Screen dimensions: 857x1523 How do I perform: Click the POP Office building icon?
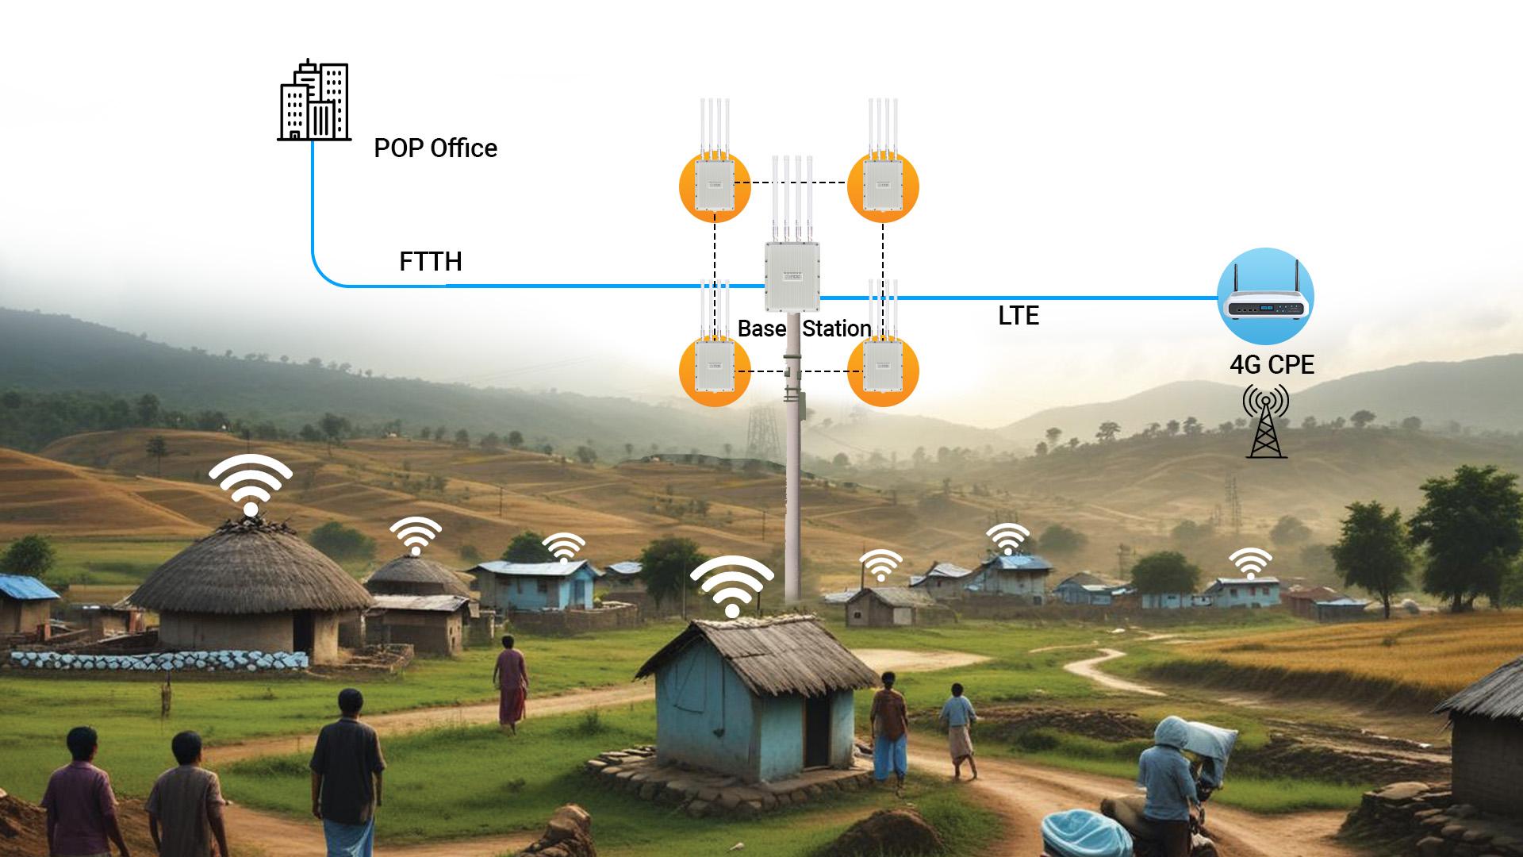pos(314,101)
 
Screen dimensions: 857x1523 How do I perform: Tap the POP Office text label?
pos(435,148)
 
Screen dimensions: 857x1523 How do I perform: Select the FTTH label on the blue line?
pos(430,262)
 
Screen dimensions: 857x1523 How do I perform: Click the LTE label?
pos(1019,316)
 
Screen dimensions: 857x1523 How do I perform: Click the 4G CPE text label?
pos(1272,365)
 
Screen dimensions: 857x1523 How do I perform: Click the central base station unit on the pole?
pos(792,276)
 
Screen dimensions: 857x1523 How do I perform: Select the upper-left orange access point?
pos(715,186)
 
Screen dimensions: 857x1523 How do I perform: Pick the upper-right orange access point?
pos(883,186)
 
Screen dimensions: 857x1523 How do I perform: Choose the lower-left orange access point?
pos(715,371)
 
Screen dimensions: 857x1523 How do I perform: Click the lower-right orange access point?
pos(883,371)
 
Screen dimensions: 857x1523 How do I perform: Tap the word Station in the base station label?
pos(837,329)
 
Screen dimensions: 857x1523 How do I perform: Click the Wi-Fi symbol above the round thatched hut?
pos(251,484)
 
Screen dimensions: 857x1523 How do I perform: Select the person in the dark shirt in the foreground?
pos(347,762)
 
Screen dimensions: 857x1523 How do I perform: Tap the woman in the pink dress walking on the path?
pos(512,686)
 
